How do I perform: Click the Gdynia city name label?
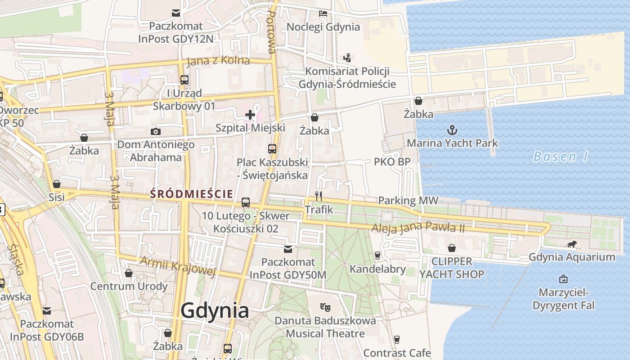[215, 310]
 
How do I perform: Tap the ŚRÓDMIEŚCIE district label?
[192, 194]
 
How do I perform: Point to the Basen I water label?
[561, 157]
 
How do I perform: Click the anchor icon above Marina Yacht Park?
[452, 130]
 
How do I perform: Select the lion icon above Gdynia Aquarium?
[571, 244]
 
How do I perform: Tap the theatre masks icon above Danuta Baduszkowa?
[325, 308]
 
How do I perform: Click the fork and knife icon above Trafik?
[319, 196]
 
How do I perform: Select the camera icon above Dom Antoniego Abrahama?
[156, 131]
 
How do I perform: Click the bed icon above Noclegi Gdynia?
[323, 13]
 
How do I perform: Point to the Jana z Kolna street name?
[218, 60]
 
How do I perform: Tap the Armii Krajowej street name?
[178, 266]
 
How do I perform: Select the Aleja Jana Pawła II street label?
[418, 228]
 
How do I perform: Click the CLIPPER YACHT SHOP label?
[452, 268]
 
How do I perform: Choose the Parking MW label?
[408, 200]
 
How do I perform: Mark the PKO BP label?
[392, 162]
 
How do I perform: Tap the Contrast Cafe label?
[397, 353]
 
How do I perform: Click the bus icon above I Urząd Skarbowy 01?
[184, 80]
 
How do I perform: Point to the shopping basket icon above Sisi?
[57, 184]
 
